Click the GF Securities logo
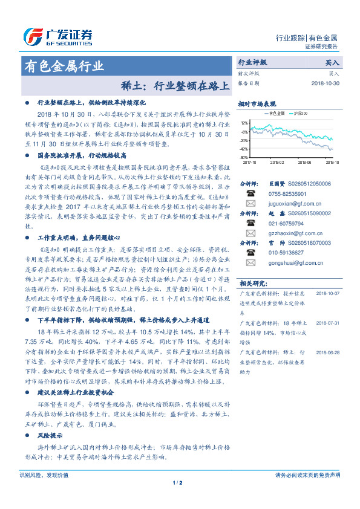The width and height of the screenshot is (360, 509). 57,36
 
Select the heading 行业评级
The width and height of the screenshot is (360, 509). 252,62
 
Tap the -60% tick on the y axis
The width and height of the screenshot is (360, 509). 243,157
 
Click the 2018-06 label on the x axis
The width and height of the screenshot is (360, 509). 306,163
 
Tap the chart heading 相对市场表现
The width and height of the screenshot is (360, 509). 257,103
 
